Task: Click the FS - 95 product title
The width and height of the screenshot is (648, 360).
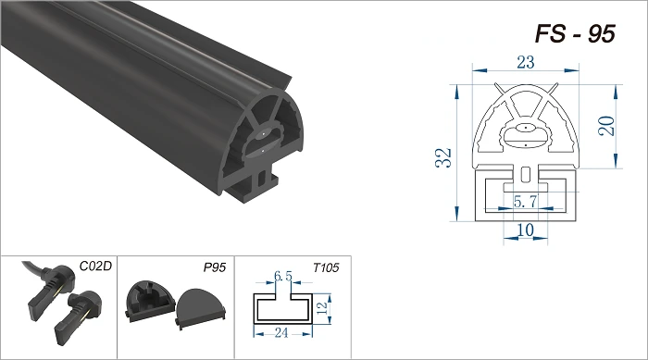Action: coord(575,33)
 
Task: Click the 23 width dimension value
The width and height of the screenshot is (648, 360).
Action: coord(525,62)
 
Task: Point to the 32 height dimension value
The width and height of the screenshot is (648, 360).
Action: coord(443,157)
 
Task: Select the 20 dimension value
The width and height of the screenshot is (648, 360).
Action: coord(606,126)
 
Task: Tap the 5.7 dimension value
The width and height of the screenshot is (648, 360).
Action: coord(525,202)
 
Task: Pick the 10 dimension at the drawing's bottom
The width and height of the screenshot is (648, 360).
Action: coord(525,230)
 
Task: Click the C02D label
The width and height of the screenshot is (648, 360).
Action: coord(95,267)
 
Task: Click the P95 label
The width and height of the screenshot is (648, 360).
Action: coord(215,267)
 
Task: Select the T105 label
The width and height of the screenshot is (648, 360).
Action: coord(326,267)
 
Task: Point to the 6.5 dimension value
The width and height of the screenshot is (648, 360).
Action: coord(283,276)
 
